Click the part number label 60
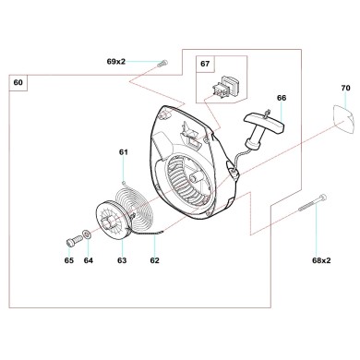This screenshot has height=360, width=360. pos(18,82)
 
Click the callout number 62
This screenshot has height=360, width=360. pos(154,261)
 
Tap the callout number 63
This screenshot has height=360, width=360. pos(121,261)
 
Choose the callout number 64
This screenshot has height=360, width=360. pos(89,261)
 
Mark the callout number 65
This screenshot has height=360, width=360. pos(68,261)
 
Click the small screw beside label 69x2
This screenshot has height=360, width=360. pos(162,63)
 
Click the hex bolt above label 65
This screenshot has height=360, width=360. pos(71,242)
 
